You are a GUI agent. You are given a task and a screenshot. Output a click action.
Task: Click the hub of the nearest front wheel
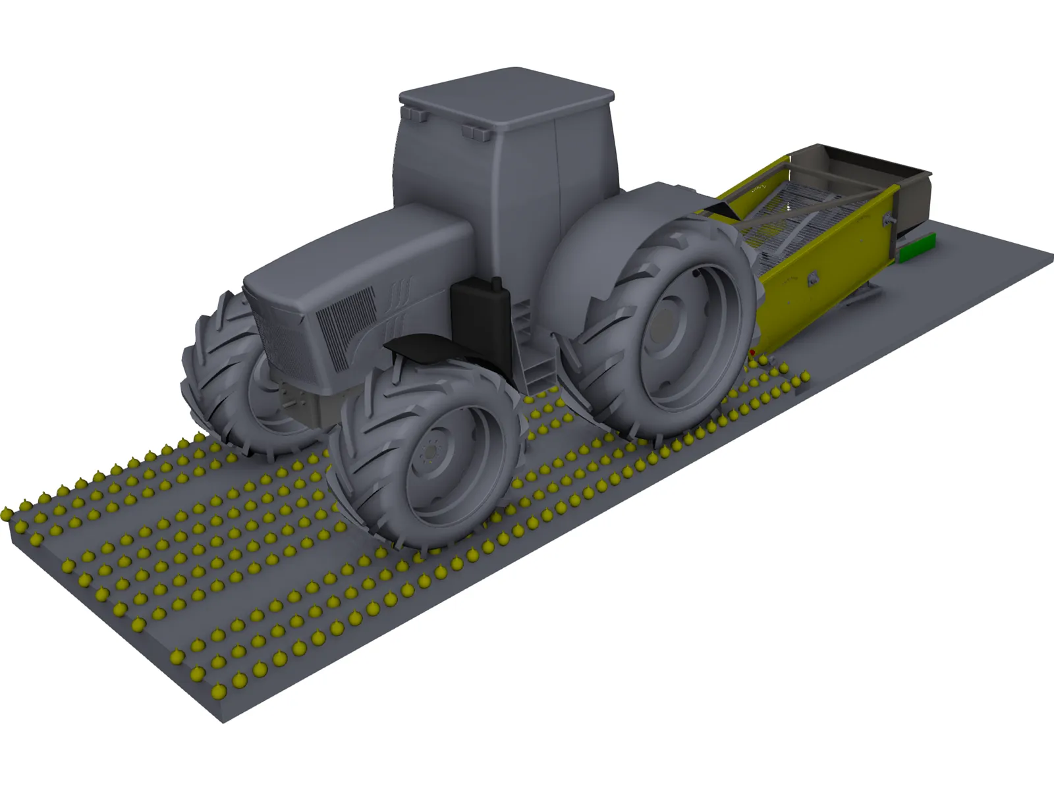pyautogui.click(x=431, y=451)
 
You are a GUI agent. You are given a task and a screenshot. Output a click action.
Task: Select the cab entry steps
pyautogui.click(x=534, y=369)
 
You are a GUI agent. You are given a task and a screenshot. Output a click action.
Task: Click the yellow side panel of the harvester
pyautogui.click(x=823, y=290)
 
